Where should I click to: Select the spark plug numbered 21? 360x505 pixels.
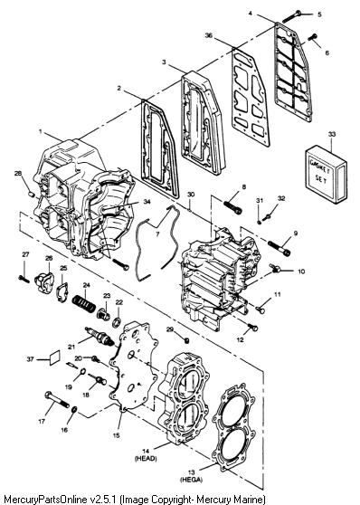pyautogui.click(x=99, y=337)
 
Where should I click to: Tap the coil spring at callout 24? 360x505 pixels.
pyautogui.click(x=84, y=304)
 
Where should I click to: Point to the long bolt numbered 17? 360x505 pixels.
pyautogui.click(x=57, y=399)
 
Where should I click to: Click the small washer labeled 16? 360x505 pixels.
pyautogui.click(x=74, y=410)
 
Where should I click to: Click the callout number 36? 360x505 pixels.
pyautogui.click(x=209, y=35)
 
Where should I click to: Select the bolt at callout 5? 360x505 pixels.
pyautogui.click(x=292, y=15)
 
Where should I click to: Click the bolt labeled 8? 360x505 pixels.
pyautogui.click(x=232, y=207)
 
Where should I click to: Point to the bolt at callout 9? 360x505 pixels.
pyautogui.click(x=279, y=248)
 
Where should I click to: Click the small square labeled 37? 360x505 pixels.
pyautogui.click(x=54, y=357)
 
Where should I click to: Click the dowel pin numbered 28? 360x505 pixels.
pyautogui.click(x=31, y=194)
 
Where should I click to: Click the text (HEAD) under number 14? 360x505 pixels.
pyautogui.click(x=146, y=458)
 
